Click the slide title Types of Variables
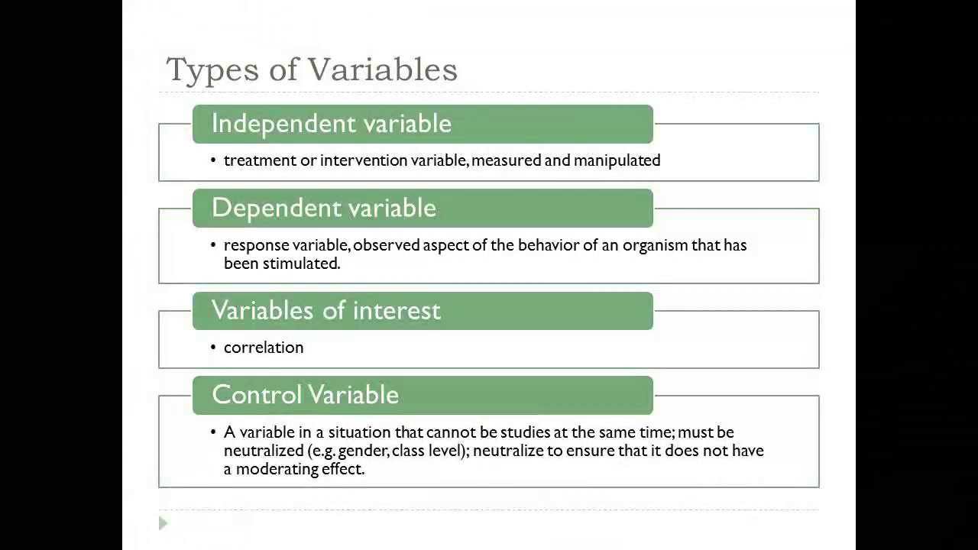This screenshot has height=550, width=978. [312, 70]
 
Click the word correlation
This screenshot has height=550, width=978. [264, 348]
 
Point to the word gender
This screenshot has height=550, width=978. [363, 451]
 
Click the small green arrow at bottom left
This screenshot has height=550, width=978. [163, 523]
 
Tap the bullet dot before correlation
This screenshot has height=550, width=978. [214, 348]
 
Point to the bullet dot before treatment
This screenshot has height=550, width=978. [214, 160]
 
